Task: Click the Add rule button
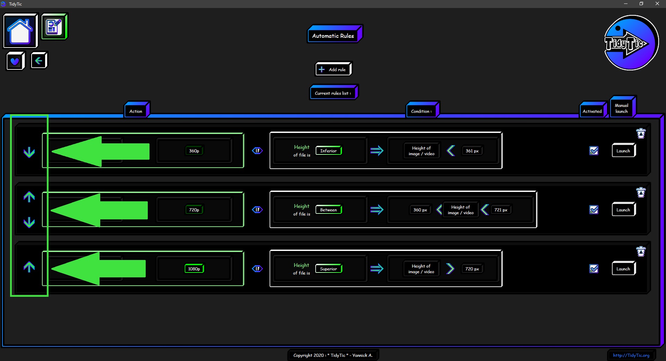pos(333,69)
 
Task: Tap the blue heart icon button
pos(16,61)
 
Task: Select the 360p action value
pos(194,151)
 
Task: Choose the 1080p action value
pos(194,269)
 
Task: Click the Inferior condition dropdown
pos(329,151)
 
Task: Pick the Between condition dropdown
pos(329,210)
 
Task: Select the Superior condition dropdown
pos(329,269)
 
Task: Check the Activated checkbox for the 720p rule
pos(594,210)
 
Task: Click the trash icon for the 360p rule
pos(641,133)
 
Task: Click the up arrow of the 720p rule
pos(29,197)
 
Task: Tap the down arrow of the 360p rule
pos(29,152)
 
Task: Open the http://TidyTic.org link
pos(631,355)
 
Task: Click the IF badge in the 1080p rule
pos(257,269)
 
